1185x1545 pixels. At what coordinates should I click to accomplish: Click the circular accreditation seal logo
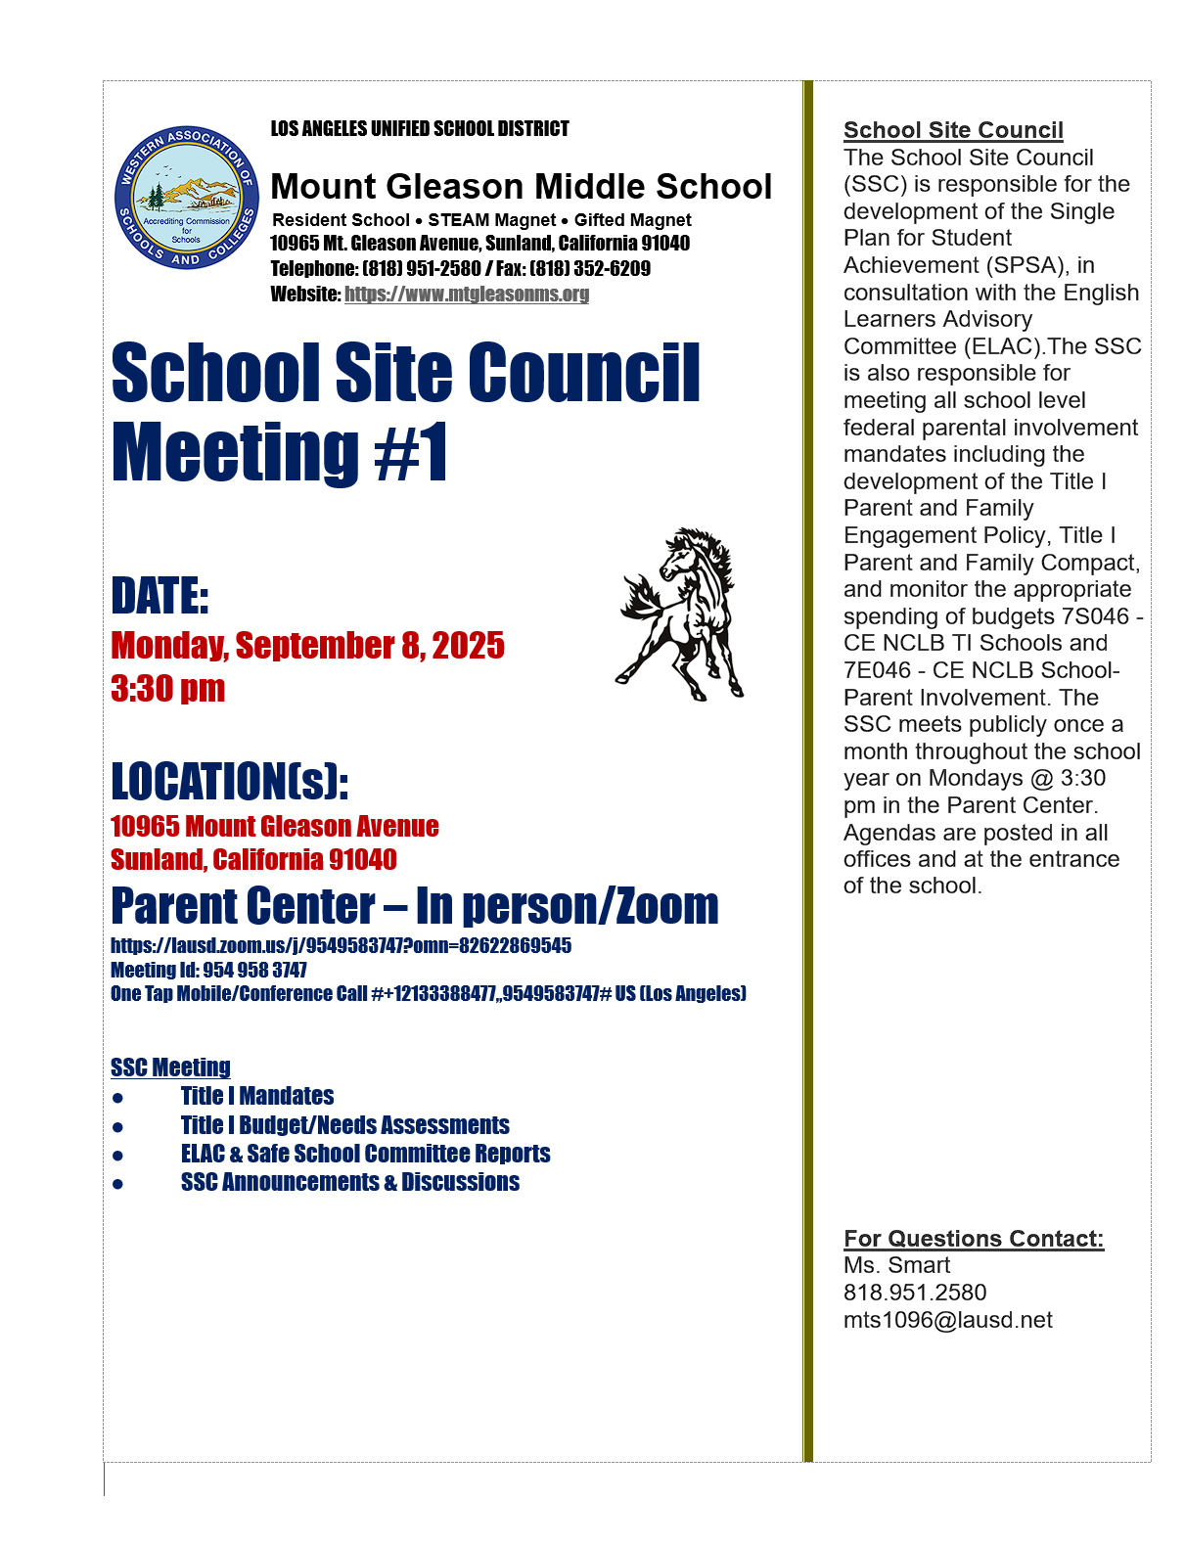187,198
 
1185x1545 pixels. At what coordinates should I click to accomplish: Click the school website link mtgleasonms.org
467,295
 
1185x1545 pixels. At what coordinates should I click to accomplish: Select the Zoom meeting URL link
341,946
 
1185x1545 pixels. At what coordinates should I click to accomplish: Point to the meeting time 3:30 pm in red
168,689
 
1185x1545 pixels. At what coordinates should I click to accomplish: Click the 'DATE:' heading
160,596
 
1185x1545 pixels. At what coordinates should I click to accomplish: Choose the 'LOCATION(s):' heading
230,782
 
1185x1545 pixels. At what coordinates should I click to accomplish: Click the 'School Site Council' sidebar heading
953,130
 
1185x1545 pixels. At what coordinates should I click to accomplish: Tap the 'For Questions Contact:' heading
974,1239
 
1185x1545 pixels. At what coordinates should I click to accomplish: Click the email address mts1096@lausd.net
947,1320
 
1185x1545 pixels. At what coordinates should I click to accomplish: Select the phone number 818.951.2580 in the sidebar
915,1293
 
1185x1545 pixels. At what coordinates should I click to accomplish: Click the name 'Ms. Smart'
896,1265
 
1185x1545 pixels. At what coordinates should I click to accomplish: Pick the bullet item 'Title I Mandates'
257,1096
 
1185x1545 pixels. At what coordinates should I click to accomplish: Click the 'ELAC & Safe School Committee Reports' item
365,1154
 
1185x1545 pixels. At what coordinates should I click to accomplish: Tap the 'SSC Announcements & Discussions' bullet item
350,1182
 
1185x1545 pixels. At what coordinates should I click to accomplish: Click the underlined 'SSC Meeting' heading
171,1068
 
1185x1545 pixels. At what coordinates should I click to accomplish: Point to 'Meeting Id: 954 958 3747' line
208,971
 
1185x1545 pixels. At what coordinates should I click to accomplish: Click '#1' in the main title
411,453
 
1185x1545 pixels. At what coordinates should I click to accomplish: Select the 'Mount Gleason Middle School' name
521,187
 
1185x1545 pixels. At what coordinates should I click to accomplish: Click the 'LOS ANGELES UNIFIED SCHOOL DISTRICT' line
420,129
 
